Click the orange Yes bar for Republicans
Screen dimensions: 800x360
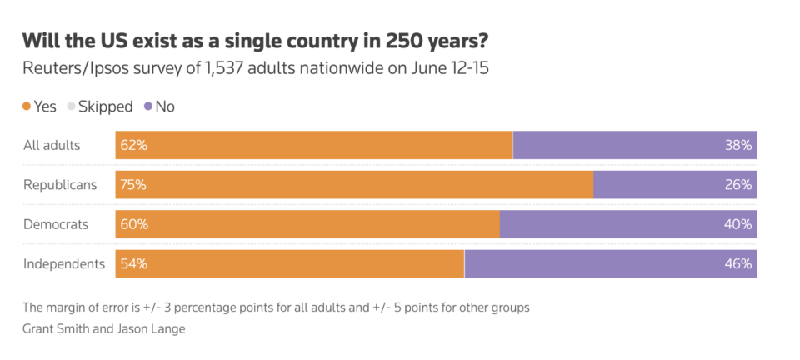355,185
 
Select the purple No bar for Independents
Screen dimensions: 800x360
611,263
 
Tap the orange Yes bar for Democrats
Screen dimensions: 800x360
307,224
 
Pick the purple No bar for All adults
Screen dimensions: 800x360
635,145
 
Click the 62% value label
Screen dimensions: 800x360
134,145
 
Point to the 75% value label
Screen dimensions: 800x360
133,185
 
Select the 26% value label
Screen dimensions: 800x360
738,185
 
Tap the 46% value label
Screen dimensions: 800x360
738,264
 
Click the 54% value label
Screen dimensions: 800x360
134,264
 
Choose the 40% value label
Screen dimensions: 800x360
738,225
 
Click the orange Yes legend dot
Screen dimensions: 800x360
27,107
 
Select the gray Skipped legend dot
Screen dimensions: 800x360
71,107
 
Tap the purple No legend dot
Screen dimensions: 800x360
148,107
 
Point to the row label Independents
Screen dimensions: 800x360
64,264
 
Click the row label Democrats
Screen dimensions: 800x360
56,224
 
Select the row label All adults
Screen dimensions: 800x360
52,145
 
